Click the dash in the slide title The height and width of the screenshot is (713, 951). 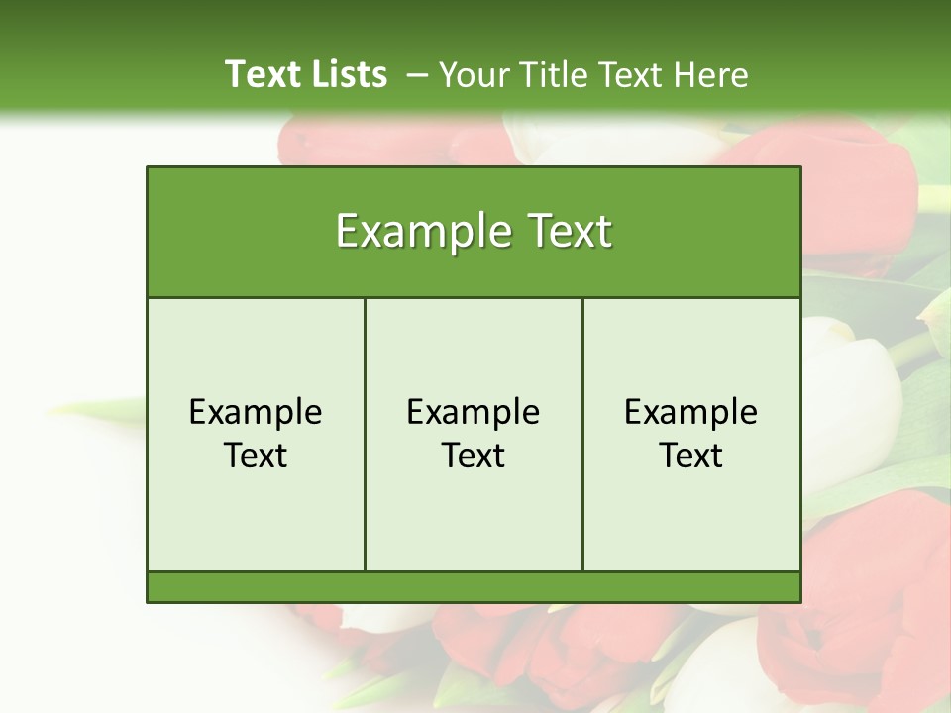pyautogui.click(x=417, y=75)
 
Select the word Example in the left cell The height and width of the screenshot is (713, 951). pyautogui.click(x=256, y=412)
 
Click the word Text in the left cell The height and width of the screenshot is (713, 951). pyautogui.click(x=256, y=456)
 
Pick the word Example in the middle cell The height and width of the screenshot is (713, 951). pyautogui.click(x=474, y=412)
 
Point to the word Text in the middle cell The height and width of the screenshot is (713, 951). pyautogui.click(x=474, y=456)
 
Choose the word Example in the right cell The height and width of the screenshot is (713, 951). pyautogui.click(x=690, y=412)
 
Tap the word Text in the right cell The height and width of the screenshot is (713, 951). pyautogui.click(x=690, y=456)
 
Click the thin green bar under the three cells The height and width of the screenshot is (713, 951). pyautogui.click(x=474, y=587)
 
